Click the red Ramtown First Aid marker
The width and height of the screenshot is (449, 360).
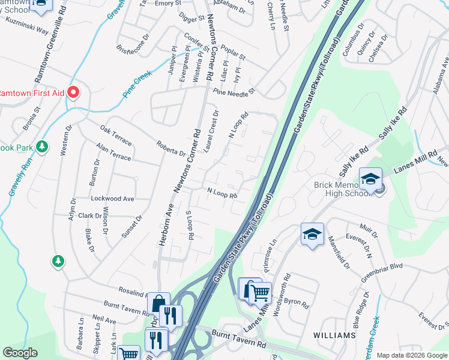(x=73, y=92)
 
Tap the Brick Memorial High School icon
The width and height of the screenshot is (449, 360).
(x=370, y=179)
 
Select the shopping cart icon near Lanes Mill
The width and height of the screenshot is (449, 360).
(x=260, y=293)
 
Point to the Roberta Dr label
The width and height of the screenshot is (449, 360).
(x=170, y=148)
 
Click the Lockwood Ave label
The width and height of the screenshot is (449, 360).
(x=112, y=198)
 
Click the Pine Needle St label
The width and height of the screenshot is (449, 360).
(x=234, y=92)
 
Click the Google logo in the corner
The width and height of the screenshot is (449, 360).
(x=20, y=353)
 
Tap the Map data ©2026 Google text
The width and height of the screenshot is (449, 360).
(x=411, y=355)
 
